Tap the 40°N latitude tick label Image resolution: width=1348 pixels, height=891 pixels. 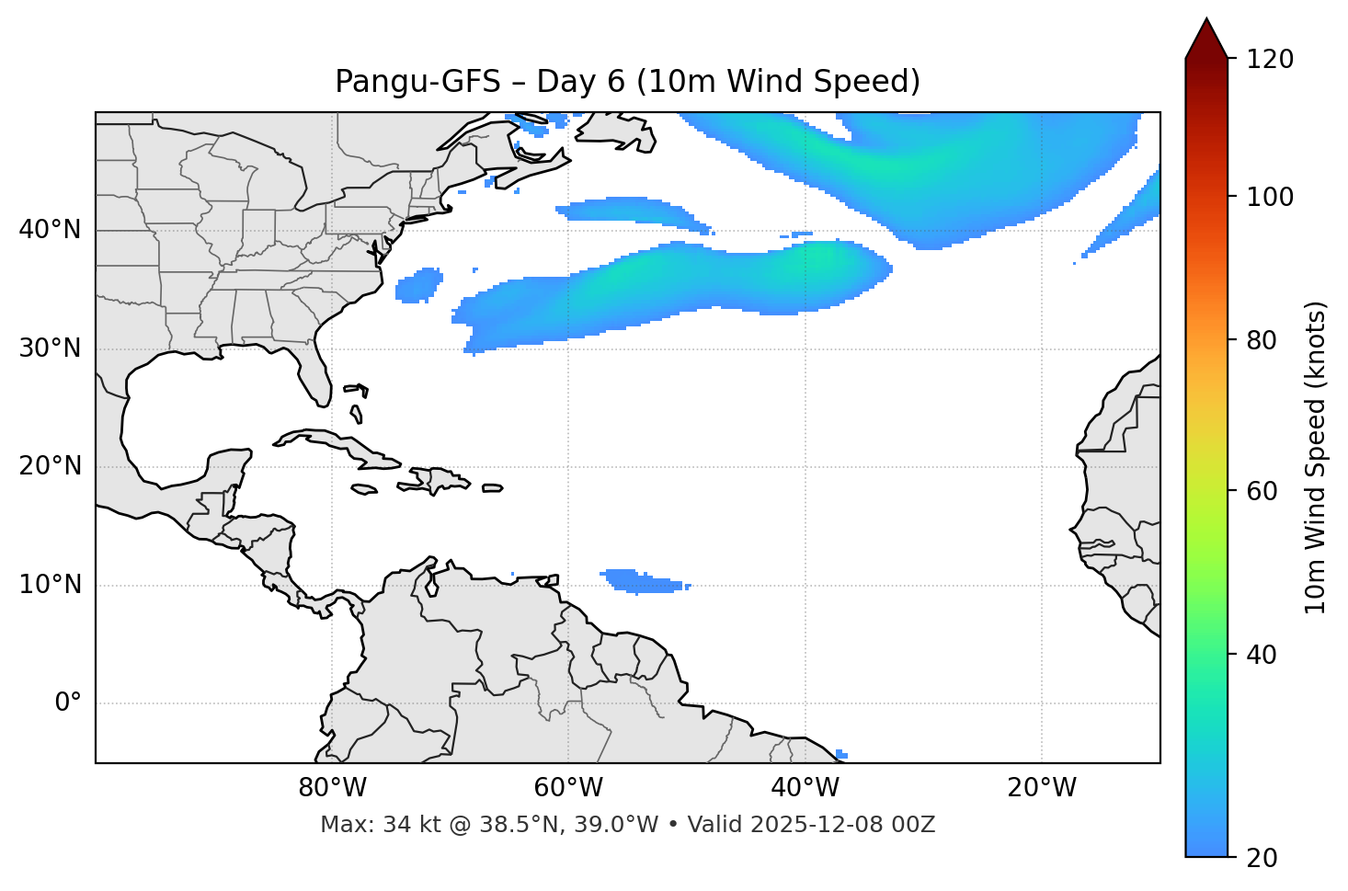click(50, 230)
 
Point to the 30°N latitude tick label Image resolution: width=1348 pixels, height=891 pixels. click(50, 348)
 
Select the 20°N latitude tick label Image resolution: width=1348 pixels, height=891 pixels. click(50, 466)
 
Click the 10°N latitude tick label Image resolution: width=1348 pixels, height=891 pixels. click(50, 585)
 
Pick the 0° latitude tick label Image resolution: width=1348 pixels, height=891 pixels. click(68, 703)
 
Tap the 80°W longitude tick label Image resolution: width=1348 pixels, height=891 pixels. click(332, 788)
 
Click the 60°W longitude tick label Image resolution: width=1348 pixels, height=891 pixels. click(568, 788)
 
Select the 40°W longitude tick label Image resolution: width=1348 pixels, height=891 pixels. click(805, 788)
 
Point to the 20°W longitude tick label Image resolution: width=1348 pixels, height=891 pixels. click(1041, 788)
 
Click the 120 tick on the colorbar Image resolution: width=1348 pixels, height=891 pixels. click(1270, 60)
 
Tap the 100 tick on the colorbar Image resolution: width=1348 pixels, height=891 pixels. click(1270, 197)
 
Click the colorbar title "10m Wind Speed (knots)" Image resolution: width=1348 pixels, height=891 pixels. click(1316, 457)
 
